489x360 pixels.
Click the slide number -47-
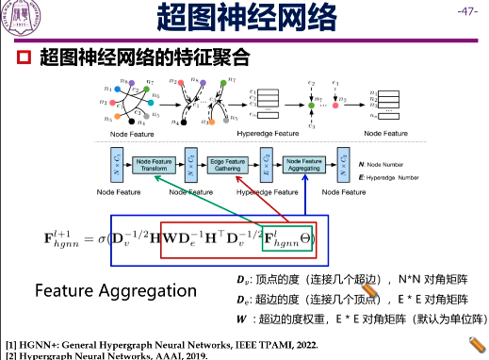click(465, 11)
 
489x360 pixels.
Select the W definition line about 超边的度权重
click(361, 318)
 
